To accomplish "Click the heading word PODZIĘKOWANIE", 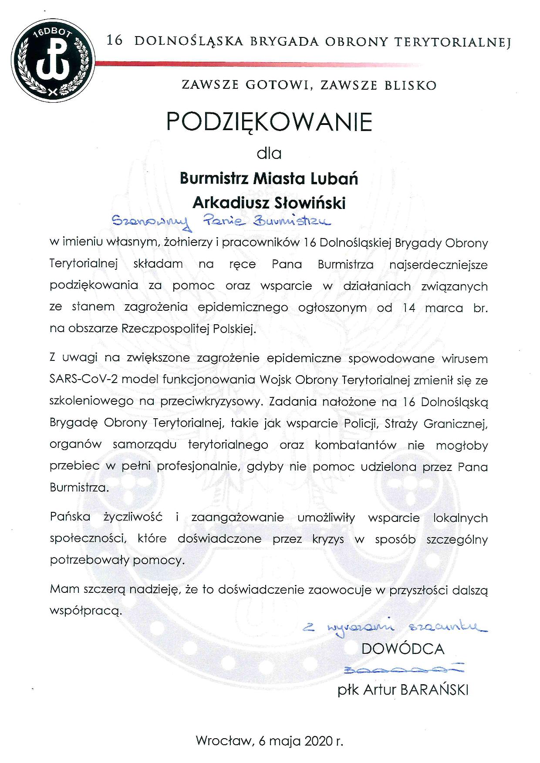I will click(x=270, y=123).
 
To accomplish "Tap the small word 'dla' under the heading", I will click(x=269, y=153).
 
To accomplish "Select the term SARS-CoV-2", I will click(x=84, y=380).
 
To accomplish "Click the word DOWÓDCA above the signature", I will click(x=403, y=649).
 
